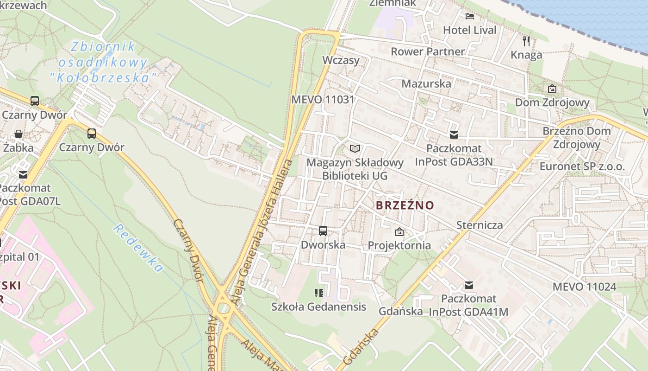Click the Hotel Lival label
click(469, 30)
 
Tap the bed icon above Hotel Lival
click(470, 16)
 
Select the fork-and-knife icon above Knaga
click(526, 41)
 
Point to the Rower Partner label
click(428, 51)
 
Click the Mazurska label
click(426, 84)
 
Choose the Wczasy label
click(341, 60)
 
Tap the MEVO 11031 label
click(323, 99)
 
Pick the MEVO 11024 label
click(584, 287)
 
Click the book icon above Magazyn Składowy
click(355, 148)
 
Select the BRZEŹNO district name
click(405, 205)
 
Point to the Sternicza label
click(480, 225)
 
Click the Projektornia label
click(399, 245)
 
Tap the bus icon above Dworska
click(323, 230)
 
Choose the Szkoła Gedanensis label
click(318, 307)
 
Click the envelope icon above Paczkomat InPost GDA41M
click(469, 285)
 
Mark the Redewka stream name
click(138, 248)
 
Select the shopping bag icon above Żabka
click(19, 134)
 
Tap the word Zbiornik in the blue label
click(103, 47)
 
